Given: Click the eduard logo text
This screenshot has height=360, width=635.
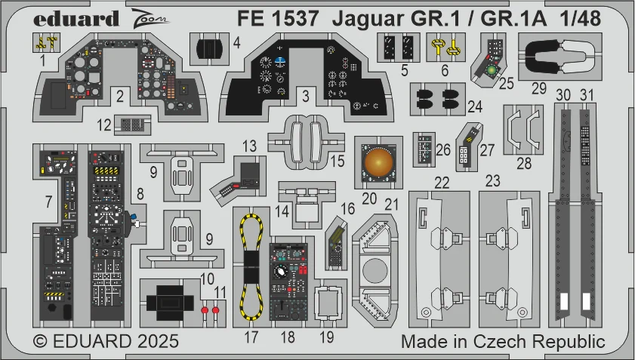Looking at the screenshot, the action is click(x=76, y=19).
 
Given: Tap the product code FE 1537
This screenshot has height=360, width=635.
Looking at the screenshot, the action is click(x=278, y=19).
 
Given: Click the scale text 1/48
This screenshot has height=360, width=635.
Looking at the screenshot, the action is click(x=581, y=19).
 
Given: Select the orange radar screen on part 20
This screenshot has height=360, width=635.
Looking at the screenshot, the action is click(x=378, y=163).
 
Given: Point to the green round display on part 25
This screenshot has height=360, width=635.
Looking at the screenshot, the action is click(x=492, y=70).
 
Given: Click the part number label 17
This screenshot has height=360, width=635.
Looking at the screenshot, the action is click(x=251, y=337).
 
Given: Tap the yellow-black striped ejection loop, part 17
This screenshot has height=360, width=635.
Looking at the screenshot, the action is click(x=251, y=267).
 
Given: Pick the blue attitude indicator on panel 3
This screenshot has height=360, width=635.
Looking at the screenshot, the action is click(x=280, y=62).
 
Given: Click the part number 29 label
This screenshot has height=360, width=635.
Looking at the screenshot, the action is click(x=538, y=88).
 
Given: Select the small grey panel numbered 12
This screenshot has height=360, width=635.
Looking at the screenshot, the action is click(x=132, y=125).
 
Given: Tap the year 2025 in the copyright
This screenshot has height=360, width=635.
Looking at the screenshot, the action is click(x=158, y=341).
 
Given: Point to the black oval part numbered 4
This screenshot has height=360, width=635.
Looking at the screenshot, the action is click(x=209, y=49).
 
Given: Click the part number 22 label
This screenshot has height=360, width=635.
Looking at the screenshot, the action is click(x=442, y=183).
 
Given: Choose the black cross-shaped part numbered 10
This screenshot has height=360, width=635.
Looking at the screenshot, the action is click(x=170, y=302).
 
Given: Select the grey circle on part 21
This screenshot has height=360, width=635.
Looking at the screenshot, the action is click(x=375, y=270).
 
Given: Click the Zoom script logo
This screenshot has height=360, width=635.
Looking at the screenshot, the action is click(x=150, y=18).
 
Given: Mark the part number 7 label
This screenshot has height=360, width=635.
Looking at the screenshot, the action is click(x=48, y=202).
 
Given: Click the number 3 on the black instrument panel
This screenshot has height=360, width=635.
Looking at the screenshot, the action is click(x=306, y=97).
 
